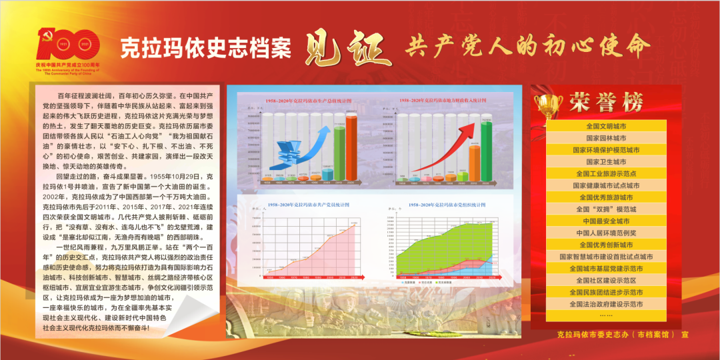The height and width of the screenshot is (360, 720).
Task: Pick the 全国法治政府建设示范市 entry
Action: (605, 304)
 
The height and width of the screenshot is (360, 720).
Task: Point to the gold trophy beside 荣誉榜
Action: (549, 103)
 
